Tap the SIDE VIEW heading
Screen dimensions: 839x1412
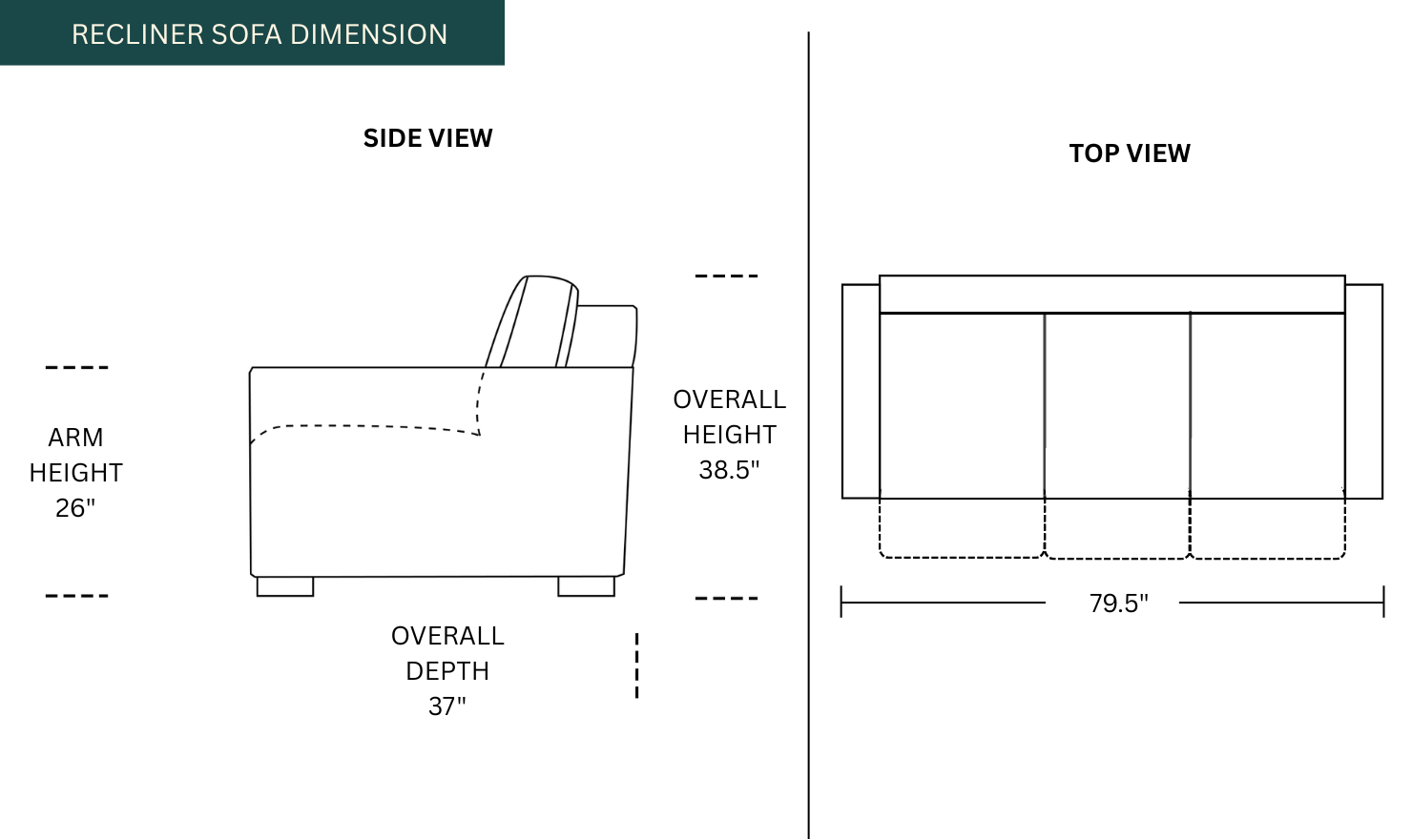coord(427,138)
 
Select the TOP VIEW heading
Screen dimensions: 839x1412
coord(1130,153)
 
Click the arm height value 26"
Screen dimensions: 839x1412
coord(75,508)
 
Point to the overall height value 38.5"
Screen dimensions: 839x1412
coord(729,470)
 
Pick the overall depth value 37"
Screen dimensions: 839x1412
coord(446,706)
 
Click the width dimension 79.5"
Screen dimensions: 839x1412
coord(1118,604)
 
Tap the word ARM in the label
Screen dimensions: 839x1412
coord(75,438)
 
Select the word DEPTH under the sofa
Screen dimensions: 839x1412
coord(446,671)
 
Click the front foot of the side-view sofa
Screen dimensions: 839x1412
coord(285,586)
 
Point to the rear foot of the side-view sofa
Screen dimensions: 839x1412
coord(586,586)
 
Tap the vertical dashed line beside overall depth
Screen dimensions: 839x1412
coord(636,665)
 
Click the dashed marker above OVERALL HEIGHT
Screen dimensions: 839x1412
coord(726,276)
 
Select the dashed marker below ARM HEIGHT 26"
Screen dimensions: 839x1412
coord(76,596)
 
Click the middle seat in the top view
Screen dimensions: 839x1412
coord(1117,405)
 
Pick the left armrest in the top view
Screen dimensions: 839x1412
coord(861,391)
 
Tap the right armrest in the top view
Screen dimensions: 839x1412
coord(1363,391)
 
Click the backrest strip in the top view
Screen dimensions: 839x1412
coord(1111,294)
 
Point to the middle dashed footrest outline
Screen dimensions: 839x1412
coord(1117,529)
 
